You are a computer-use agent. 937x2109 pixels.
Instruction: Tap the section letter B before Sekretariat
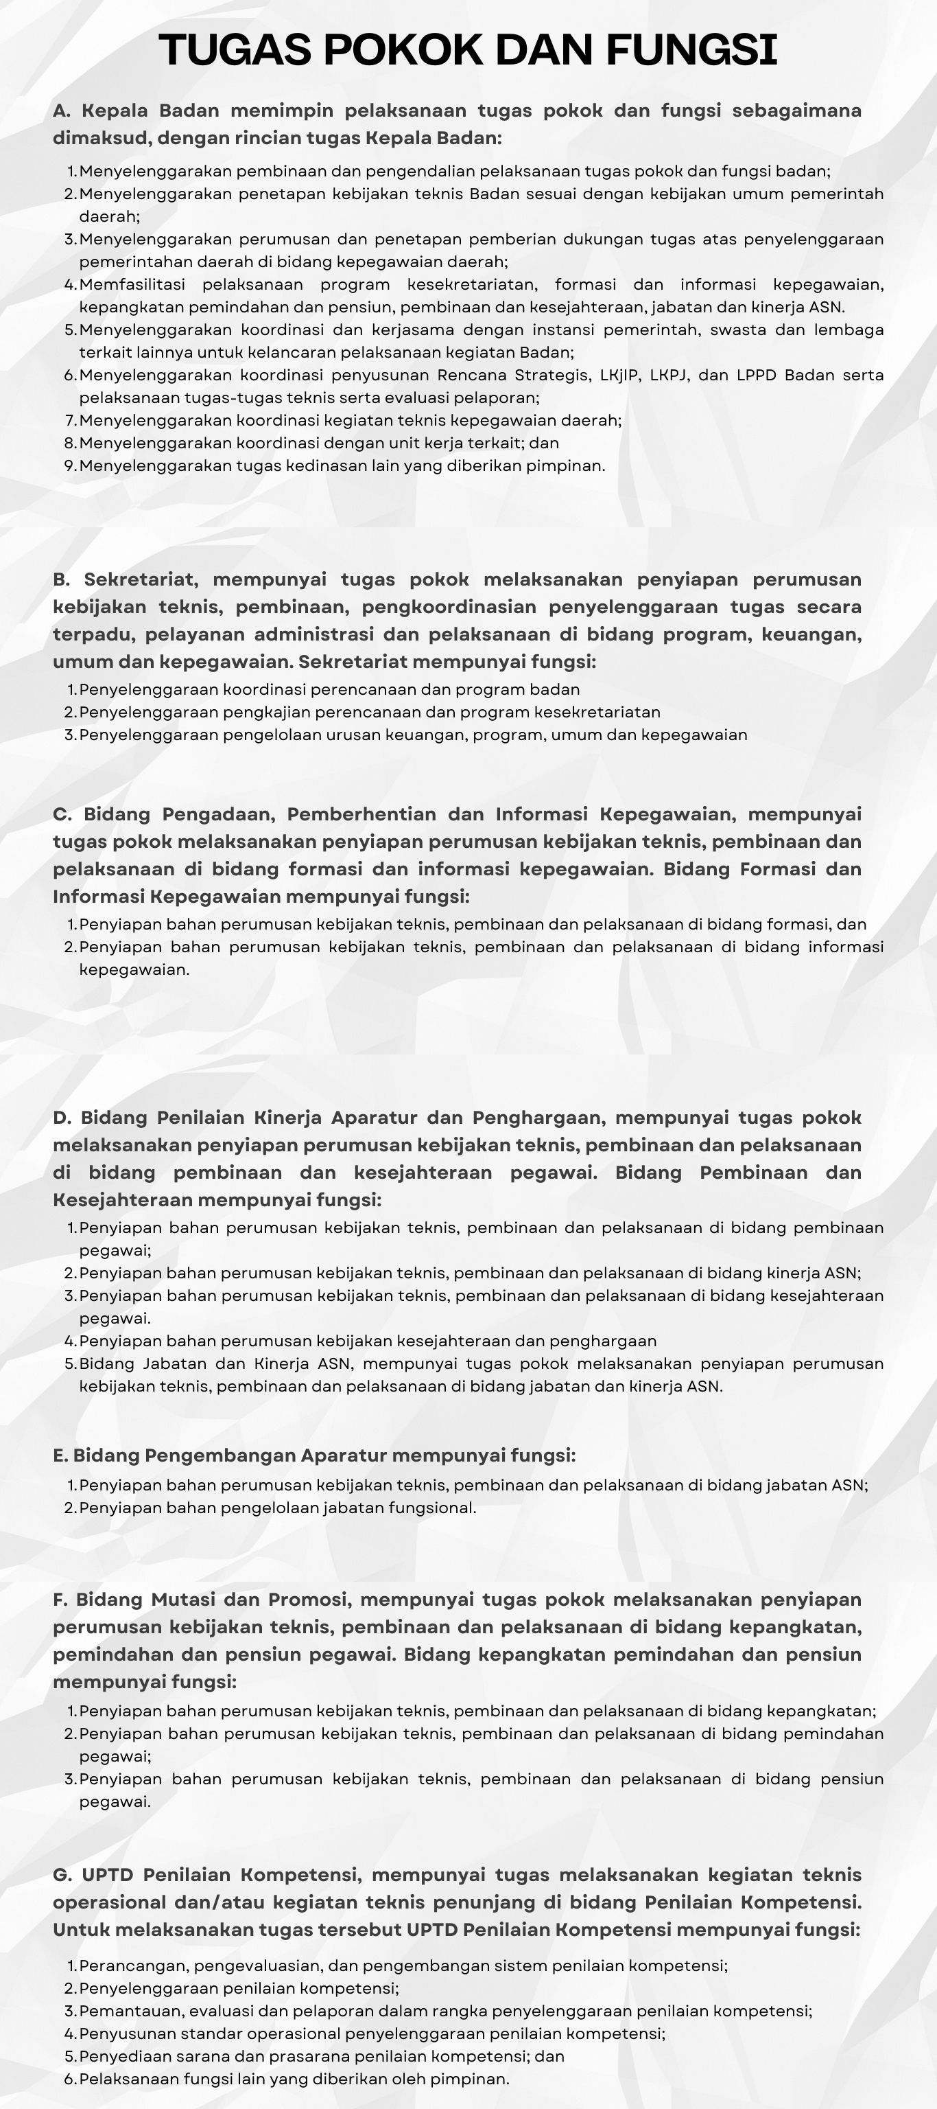61,579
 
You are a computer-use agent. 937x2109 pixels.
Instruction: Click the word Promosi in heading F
309,1600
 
